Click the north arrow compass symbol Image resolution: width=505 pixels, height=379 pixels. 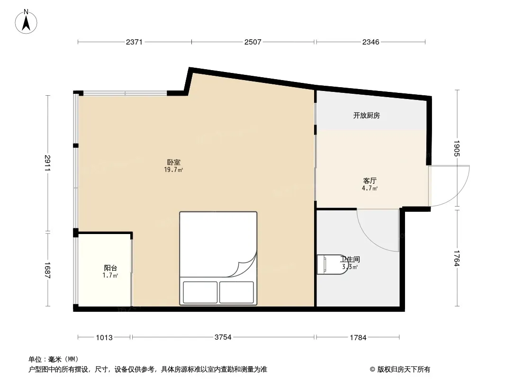tap(26, 22)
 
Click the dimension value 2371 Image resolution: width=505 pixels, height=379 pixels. tap(134, 42)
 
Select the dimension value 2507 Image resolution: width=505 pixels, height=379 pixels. tap(253, 42)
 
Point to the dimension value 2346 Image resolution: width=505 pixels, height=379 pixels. tap(371, 42)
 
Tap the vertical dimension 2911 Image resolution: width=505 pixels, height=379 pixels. tap(48, 163)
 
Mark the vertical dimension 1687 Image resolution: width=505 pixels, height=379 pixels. tap(48, 270)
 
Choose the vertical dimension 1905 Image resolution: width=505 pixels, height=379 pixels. tap(457, 148)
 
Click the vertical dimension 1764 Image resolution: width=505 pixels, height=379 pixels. tap(457, 258)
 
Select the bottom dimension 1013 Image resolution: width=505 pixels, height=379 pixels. tap(104, 337)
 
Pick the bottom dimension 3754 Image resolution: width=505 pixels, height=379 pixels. tap(223, 337)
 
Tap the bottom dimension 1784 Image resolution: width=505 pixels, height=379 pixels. tap(358, 337)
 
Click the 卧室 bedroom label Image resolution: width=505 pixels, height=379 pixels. tap(173, 162)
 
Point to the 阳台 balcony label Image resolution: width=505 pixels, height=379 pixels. tap(110, 268)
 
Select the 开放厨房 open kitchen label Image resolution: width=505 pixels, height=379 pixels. tap(367, 115)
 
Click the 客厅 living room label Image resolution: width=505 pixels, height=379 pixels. tap(370, 180)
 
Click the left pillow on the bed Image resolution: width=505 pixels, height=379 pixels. tap(200, 292)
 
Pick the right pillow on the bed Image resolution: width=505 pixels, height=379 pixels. tap(237, 292)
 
